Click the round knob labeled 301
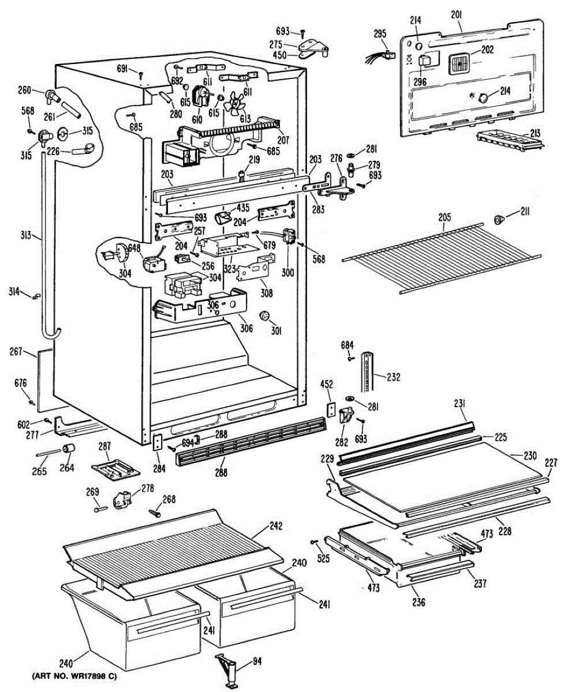click(265, 316)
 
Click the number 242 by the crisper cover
click(276, 526)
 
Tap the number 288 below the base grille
click(221, 473)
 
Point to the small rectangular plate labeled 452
click(330, 408)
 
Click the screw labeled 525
click(314, 541)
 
